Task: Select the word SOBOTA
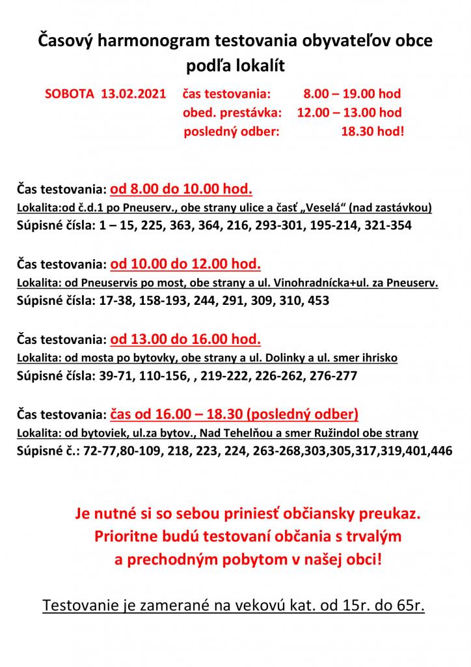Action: [x=70, y=93]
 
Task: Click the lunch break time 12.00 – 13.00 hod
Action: [x=349, y=112]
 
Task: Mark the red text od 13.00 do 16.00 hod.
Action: [x=185, y=339]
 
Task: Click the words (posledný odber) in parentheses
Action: [x=303, y=414]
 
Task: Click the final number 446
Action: [x=439, y=450]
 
